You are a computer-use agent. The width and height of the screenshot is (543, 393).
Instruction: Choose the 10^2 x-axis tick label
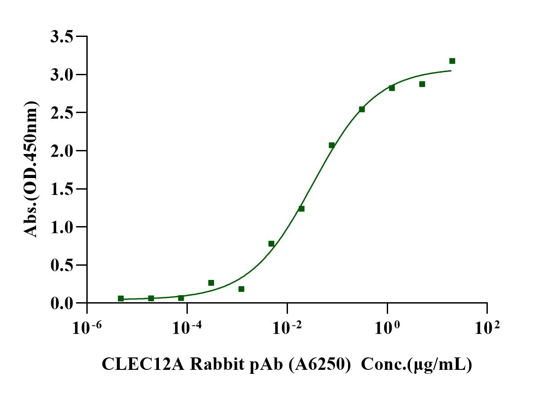click(487, 329)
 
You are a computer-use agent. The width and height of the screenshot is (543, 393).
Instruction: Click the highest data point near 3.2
click(452, 61)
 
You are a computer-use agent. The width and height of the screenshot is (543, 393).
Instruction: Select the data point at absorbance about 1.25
click(301, 209)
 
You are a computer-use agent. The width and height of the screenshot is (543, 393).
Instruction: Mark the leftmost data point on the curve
click(121, 298)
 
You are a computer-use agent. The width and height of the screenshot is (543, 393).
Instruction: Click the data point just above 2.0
click(332, 145)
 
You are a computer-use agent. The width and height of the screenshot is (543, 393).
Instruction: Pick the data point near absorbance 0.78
click(271, 243)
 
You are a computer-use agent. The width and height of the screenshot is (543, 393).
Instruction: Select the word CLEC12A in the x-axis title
click(142, 365)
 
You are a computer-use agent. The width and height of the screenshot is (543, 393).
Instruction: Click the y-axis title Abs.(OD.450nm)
click(31, 169)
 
